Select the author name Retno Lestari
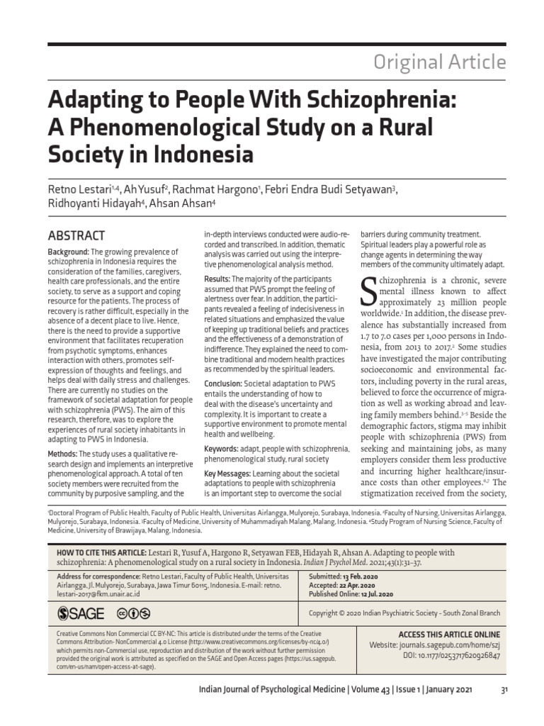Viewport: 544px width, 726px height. click(x=81, y=188)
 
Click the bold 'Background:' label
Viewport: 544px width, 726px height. click(x=68, y=253)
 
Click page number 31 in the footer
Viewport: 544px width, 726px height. click(x=504, y=691)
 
